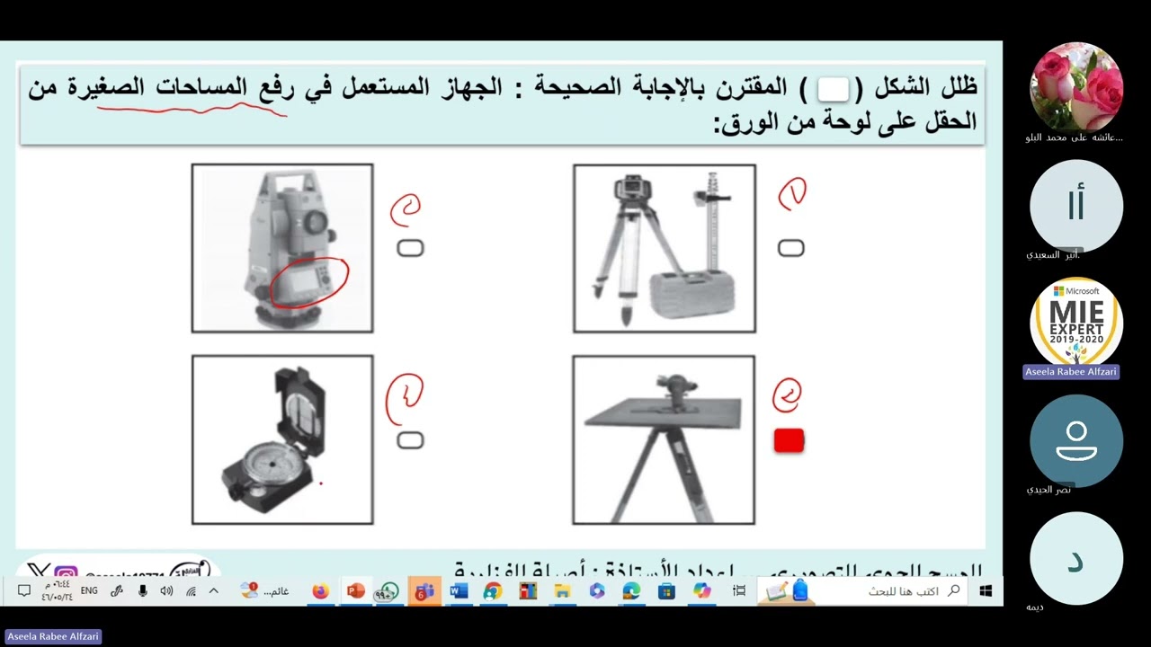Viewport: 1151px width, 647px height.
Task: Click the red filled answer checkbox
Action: click(789, 440)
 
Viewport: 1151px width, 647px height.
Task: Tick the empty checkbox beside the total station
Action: click(410, 248)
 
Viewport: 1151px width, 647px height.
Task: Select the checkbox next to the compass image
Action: click(410, 439)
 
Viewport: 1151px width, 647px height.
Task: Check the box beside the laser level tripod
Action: click(790, 248)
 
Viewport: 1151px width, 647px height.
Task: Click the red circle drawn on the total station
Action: click(309, 281)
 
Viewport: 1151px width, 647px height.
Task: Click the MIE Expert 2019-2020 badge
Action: click(1076, 322)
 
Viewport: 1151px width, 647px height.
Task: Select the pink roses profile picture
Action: click(1076, 86)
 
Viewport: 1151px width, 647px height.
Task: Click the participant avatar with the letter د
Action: click(1075, 559)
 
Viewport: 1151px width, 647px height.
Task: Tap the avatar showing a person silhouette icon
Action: click(1076, 440)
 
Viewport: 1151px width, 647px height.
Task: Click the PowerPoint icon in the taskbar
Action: click(355, 590)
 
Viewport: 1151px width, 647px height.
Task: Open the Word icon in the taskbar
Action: click(459, 590)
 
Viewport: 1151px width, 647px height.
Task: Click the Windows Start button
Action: click(986, 590)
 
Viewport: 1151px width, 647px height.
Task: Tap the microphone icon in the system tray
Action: click(142, 590)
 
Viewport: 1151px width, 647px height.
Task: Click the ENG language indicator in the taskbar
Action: click(89, 590)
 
